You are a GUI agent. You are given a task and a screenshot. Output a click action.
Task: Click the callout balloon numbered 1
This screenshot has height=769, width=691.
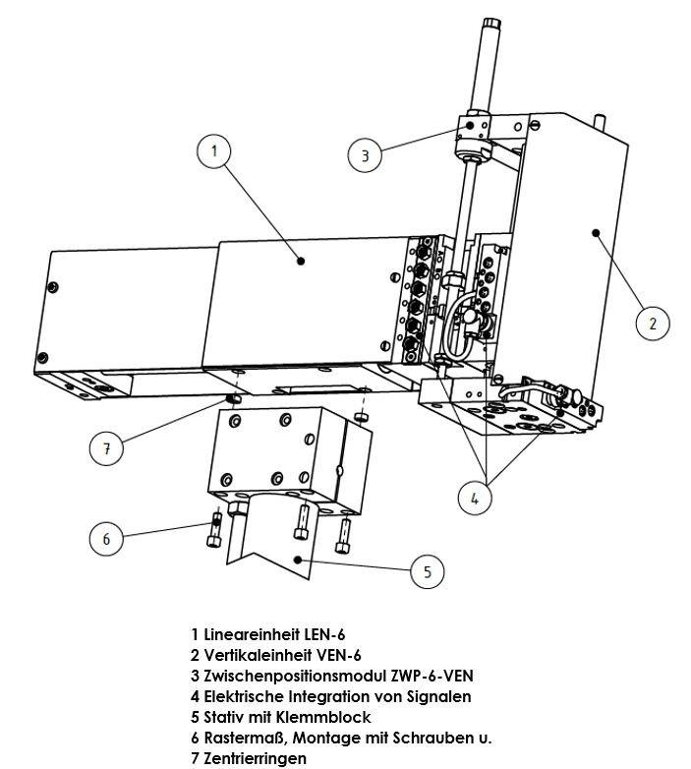click(x=214, y=150)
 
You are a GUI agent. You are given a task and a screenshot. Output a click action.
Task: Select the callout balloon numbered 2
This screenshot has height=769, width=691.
click(x=652, y=323)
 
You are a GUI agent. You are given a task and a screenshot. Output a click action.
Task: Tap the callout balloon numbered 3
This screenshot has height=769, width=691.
click(x=365, y=154)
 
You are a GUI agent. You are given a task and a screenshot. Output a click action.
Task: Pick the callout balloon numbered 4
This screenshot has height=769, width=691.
click(x=475, y=498)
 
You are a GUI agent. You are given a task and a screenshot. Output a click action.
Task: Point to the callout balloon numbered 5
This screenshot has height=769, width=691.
click(x=427, y=570)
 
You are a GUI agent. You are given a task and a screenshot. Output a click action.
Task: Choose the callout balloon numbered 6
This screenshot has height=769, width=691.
click(x=106, y=538)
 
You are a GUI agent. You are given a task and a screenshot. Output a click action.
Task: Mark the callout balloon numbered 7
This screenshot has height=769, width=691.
click(x=106, y=448)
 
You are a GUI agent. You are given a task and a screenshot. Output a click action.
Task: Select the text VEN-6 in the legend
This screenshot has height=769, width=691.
click(x=343, y=655)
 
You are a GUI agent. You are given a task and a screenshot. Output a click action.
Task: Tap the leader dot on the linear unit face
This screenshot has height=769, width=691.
click(x=301, y=260)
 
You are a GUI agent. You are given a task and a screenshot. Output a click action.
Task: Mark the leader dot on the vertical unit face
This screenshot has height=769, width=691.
click(x=596, y=232)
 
